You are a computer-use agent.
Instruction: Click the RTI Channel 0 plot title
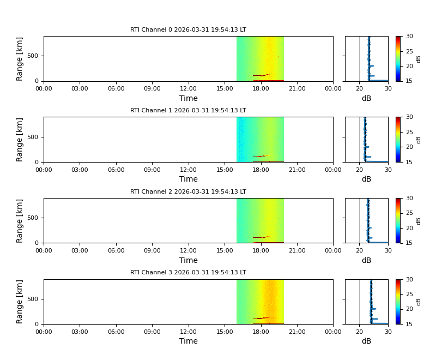[x=188, y=30]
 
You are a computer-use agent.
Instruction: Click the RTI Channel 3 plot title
[x=188, y=273]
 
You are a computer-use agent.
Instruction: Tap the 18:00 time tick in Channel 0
[x=261, y=88]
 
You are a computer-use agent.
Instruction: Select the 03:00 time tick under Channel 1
[x=80, y=170]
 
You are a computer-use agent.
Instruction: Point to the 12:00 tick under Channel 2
[x=188, y=250]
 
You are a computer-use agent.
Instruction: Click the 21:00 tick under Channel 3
[x=297, y=332]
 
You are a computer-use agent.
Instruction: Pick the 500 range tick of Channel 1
[x=34, y=137]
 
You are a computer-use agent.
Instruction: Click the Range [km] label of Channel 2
[x=20, y=220]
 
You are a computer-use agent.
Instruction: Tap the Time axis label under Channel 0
[x=189, y=99]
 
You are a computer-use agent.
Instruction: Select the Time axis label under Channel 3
[x=189, y=341]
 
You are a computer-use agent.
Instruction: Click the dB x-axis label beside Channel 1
[x=366, y=179]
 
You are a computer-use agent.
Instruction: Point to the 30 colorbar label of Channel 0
[x=410, y=36]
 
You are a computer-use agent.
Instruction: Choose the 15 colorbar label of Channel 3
[x=410, y=324]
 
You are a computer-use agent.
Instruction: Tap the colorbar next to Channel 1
[x=399, y=139]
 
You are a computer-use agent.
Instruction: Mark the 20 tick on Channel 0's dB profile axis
[x=359, y=88]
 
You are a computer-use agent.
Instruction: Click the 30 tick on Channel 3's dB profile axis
[x=387, y=332]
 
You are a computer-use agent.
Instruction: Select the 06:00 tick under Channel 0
[x=116, y=88]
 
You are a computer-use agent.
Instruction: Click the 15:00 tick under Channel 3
[x=225, y=332]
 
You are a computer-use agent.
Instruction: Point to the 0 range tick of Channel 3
[x=38, y=324]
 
